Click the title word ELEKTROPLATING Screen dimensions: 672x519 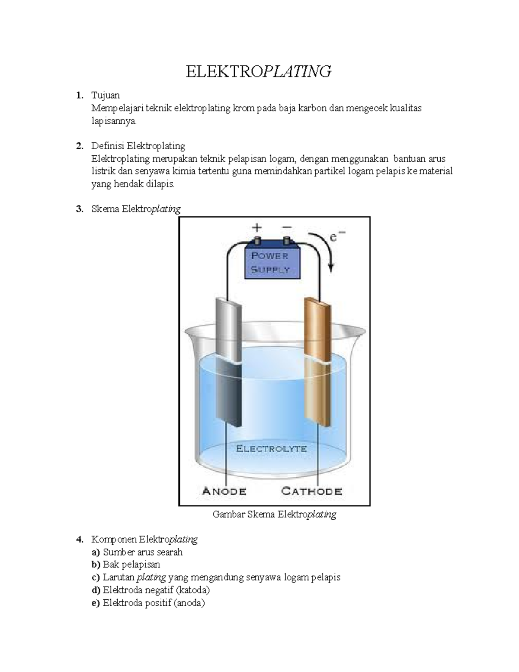pos(259,71)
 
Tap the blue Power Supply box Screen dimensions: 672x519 pos(270,262)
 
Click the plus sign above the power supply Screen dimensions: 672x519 pos(257,228)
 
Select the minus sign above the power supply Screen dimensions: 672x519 pos(286,227)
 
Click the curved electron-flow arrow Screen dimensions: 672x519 pos(326,249)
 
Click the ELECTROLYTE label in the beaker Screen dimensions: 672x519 pos(271,449)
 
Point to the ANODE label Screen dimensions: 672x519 pos(224,491)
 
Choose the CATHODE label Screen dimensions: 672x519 pos(311,491)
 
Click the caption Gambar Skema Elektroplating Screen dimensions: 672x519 pos(274,514)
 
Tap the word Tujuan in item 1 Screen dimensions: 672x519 pos(106,95)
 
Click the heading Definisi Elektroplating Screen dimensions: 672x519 pos(138,146)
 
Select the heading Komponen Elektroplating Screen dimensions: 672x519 pos(144,540)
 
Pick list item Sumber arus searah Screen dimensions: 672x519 pos(143,552)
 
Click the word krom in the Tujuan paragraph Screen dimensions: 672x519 pos(244,108)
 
